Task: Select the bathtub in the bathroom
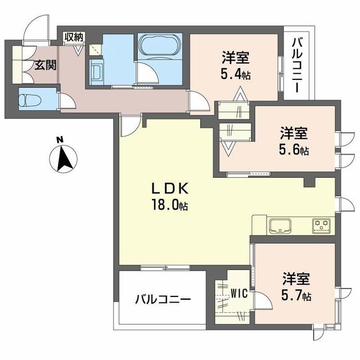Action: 159,46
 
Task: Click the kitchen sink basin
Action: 280,226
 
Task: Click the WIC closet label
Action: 238,293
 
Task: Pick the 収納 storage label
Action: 73,38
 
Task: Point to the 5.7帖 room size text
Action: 296,295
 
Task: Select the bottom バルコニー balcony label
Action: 162,299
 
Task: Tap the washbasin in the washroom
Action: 96,73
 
